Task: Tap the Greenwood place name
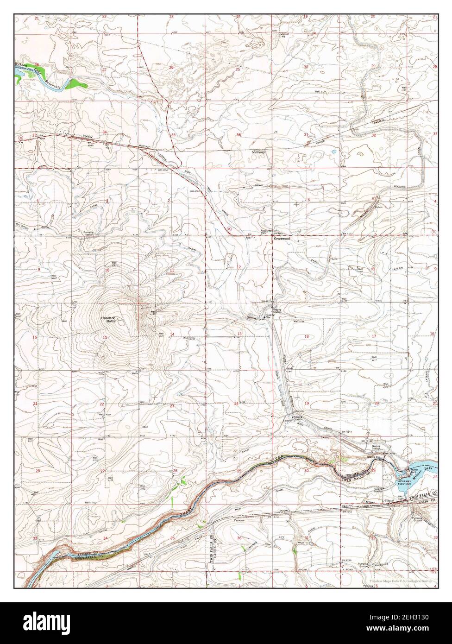[x=281, y=239]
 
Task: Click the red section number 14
[x=172, y=335]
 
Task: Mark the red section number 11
[x=172, y=270]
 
